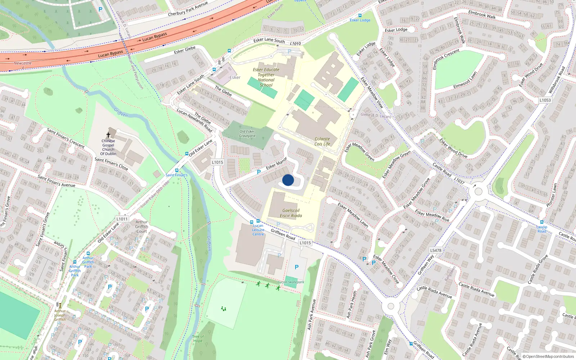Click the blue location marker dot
click(x=288, y=180)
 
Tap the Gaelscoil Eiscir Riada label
click(x=291, y=213)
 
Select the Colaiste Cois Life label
click(x=322, y=141)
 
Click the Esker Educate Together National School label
click(x=266, y=77)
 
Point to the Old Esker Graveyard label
click(x=247, y=134)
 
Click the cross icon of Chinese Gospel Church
click(x=108, y=135)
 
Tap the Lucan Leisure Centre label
click(x=258, y=230)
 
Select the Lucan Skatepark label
click(x=291, y=282)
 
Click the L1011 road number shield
click(x=122, y=219)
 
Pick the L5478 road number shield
click(x=436, y=250)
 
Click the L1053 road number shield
click(x=545, y=100)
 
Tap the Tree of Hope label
click(x=198, y=339)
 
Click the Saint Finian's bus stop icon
click(x=176, y=170)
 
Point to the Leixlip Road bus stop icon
click(x=541, y=222)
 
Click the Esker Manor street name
click(x=276, y=163)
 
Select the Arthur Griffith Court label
click(x=141, y=226)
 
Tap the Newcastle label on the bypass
click(x=23, y=63)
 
